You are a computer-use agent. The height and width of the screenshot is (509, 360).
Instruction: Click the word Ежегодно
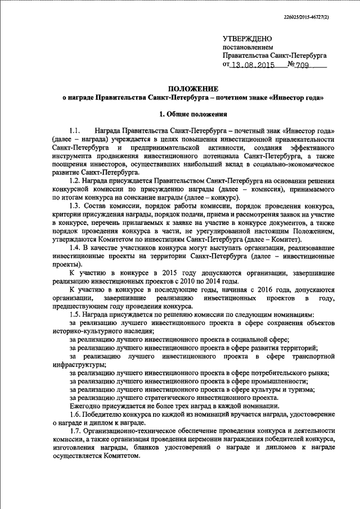click(x=85, y=406)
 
